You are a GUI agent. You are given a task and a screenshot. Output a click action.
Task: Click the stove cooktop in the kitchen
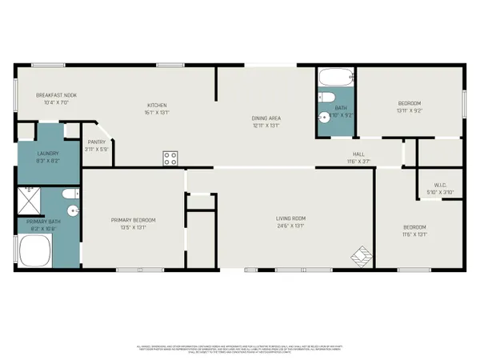click(170, 158)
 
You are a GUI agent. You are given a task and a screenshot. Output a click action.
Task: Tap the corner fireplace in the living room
click(360, 256)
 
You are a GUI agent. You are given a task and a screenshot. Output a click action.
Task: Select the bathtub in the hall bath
click(334, 78)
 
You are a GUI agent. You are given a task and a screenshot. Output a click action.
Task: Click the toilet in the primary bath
click(68, 194)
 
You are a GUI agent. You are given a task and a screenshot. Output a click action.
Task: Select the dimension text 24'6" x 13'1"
click(293, 226)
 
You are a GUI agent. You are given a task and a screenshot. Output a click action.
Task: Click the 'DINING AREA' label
click(266, 118)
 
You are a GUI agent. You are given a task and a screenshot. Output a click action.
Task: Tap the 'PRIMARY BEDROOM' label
click(134, 220)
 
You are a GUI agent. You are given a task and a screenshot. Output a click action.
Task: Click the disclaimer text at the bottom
click(240, 349)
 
